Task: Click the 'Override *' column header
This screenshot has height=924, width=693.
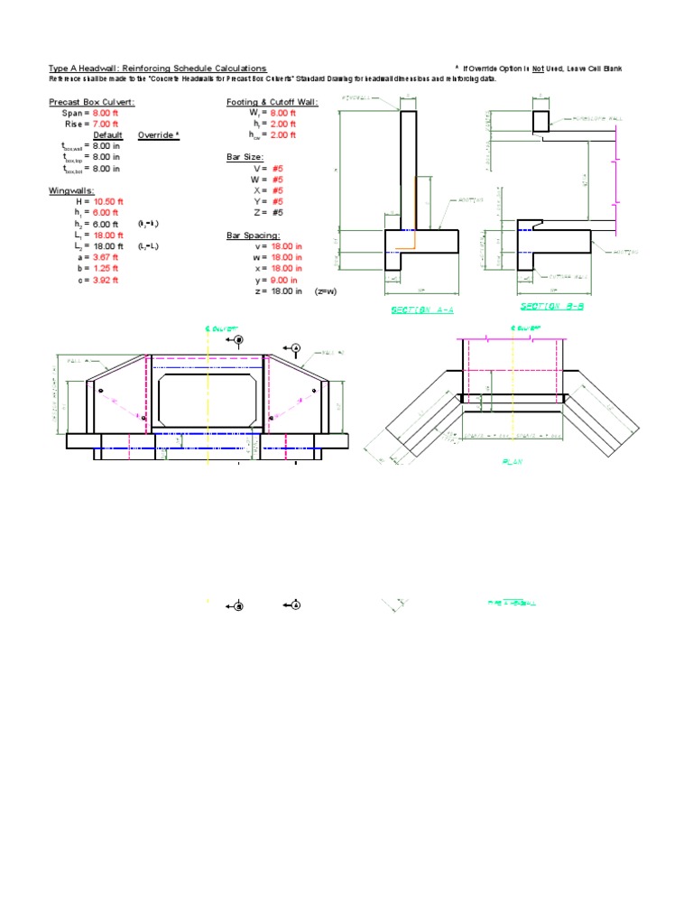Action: coord(159,134)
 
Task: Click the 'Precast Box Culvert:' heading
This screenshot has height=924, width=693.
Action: coord(92,102)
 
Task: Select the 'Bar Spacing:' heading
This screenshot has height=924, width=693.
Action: coord(253,236)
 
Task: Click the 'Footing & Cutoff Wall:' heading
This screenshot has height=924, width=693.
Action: coord(272,102)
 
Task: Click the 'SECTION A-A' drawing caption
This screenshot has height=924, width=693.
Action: coord(421,310)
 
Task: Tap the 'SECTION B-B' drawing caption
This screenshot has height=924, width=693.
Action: coord(553,306)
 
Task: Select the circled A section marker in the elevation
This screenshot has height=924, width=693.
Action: coord(294,347)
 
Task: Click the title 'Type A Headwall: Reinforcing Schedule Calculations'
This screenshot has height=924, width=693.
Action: coord(158,69)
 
